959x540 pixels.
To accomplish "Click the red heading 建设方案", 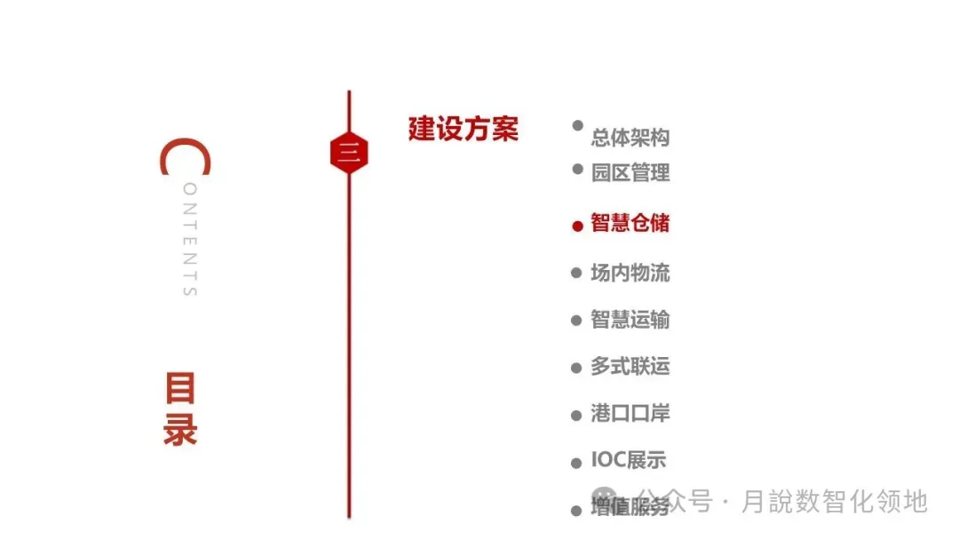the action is [x=463, y=129].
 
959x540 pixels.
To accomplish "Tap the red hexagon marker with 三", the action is [x=348, y=154].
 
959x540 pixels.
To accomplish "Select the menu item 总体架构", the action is [x=630, y=138].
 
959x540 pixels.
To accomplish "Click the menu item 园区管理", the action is [x=630, y=172].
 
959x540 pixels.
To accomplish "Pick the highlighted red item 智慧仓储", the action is [x=630, y=223].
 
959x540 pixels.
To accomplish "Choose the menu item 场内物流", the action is [x=630, y=273].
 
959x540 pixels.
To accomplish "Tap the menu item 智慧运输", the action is [x=630, y=320].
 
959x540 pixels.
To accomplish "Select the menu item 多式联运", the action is [x=630, y=366].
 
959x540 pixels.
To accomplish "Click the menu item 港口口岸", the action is [x=630, y=413].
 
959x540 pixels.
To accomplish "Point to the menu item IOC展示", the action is [x=628, y=460].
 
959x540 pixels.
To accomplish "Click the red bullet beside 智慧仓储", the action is [x=577, y=226].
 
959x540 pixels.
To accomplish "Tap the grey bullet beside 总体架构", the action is [x=578, y=126].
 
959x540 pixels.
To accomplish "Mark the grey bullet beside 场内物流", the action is [x=575, y=274].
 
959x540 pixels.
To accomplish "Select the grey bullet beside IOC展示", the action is [x=575, y=462].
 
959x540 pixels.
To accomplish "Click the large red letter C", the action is [x=185, y=157].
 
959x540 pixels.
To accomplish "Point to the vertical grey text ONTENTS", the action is [x=189, y=240].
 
